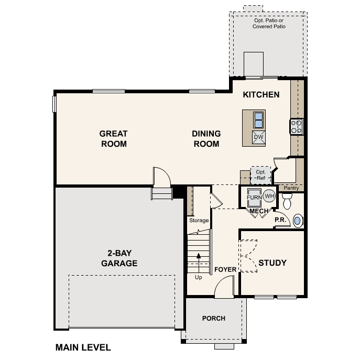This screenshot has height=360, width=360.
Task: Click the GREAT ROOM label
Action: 114,139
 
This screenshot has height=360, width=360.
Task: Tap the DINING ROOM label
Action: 206,139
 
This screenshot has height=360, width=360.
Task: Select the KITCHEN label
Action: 261,95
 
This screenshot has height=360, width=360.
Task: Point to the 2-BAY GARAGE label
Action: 119,258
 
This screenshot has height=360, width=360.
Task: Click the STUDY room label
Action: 272,263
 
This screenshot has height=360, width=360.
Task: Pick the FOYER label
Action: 225,270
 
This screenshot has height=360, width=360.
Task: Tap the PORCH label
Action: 214,318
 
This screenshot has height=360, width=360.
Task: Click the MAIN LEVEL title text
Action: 83,347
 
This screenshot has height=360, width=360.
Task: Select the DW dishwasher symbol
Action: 258,137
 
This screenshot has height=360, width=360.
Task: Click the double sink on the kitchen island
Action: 258,120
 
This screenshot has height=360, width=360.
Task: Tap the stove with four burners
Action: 297,126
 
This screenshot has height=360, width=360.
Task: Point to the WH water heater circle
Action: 269,197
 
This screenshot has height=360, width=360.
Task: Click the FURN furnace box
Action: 254,198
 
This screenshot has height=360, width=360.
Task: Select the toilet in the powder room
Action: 287,200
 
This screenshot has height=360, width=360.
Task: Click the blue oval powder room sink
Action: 298,221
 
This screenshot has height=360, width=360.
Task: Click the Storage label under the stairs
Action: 199,221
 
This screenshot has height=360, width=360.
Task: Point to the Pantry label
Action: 291,188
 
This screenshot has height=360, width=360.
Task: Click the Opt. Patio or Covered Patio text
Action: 270,23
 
